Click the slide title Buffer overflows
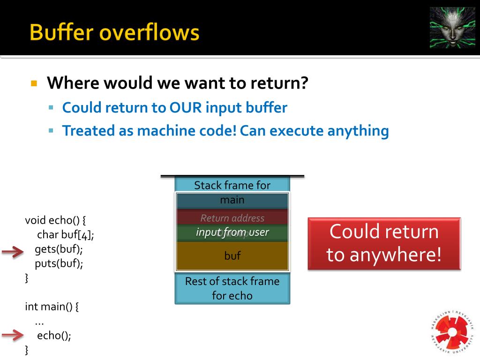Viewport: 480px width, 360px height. click(114, 33)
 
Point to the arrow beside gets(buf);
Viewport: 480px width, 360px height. click(13, 253)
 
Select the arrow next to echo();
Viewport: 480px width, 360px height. click(13, 335)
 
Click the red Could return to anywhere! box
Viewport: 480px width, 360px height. click(384, 243)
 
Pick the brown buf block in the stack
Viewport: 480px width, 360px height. click(232, 256)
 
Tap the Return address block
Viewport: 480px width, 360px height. click(232, 218)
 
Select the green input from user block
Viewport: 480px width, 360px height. click(232, 232)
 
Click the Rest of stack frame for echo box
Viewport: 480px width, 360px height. click(232, 288)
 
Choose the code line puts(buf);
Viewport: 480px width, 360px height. click(59, 263)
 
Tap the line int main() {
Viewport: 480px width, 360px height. click(52, 307)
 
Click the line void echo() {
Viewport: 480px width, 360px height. click(55, 220)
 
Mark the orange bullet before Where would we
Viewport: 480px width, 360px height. click(33, 84)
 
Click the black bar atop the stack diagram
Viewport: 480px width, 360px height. click(232, 176)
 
